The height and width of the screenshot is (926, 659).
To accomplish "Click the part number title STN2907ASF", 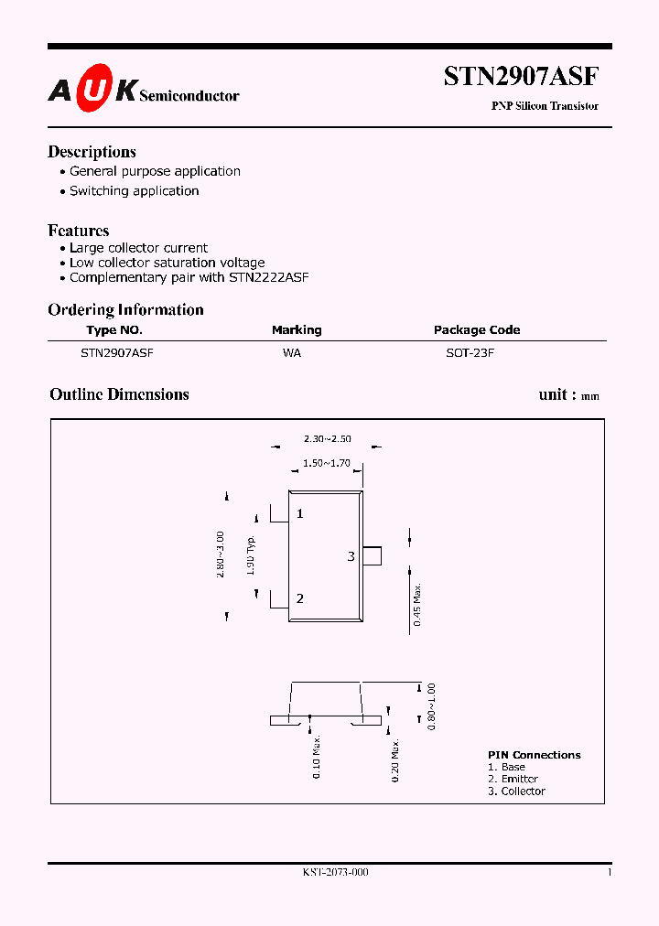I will point(521,77).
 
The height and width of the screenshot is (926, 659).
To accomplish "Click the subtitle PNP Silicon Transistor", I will point(545,106).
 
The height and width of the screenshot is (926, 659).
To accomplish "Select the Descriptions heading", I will point(92,152).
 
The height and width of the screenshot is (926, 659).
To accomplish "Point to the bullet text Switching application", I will point(134,191).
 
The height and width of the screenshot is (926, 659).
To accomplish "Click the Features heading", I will point(79,231).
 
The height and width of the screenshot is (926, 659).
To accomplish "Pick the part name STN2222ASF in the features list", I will point(268,277).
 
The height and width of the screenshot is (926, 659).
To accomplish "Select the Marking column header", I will point(297,330).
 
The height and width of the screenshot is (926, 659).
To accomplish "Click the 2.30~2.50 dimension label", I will point(327,439).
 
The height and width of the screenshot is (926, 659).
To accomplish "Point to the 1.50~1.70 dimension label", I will point(327,464).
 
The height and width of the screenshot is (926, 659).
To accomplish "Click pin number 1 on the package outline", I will point(299,514).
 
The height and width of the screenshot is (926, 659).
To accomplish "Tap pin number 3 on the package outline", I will point(351,556).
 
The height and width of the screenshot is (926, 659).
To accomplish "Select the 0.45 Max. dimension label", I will point(417,604).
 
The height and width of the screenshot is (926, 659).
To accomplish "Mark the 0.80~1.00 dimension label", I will point(432,705).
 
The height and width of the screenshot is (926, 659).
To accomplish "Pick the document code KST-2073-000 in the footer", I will point(335,873).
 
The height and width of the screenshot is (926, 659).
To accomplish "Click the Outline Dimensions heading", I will point(119,394).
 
